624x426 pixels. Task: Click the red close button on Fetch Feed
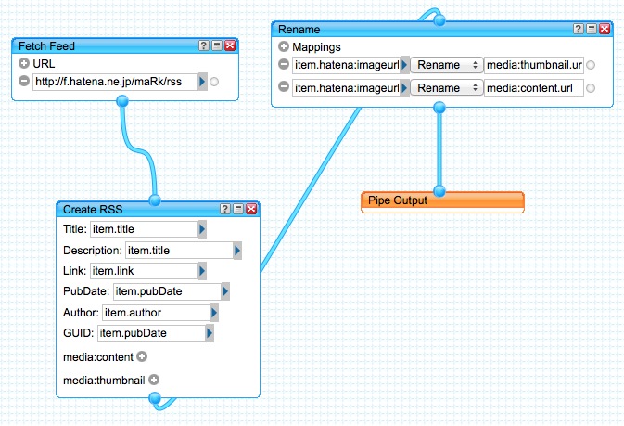[230, 45]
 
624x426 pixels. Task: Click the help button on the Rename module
[579, 29]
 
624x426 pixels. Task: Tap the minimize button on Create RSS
[238, 209]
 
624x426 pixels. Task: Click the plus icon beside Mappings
[284, 46]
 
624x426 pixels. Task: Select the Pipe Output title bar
[442, 200]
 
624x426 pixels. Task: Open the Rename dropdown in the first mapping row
[447, 65]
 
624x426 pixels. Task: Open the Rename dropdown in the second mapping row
[447, 88]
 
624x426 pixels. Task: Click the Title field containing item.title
[143, 228]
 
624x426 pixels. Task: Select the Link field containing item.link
[143, 271]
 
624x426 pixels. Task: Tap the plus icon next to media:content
[142, 355]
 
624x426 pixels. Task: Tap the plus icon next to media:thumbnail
[154, 379]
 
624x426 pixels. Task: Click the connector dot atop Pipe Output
[440, 191]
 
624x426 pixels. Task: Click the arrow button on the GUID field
[210, 333]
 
